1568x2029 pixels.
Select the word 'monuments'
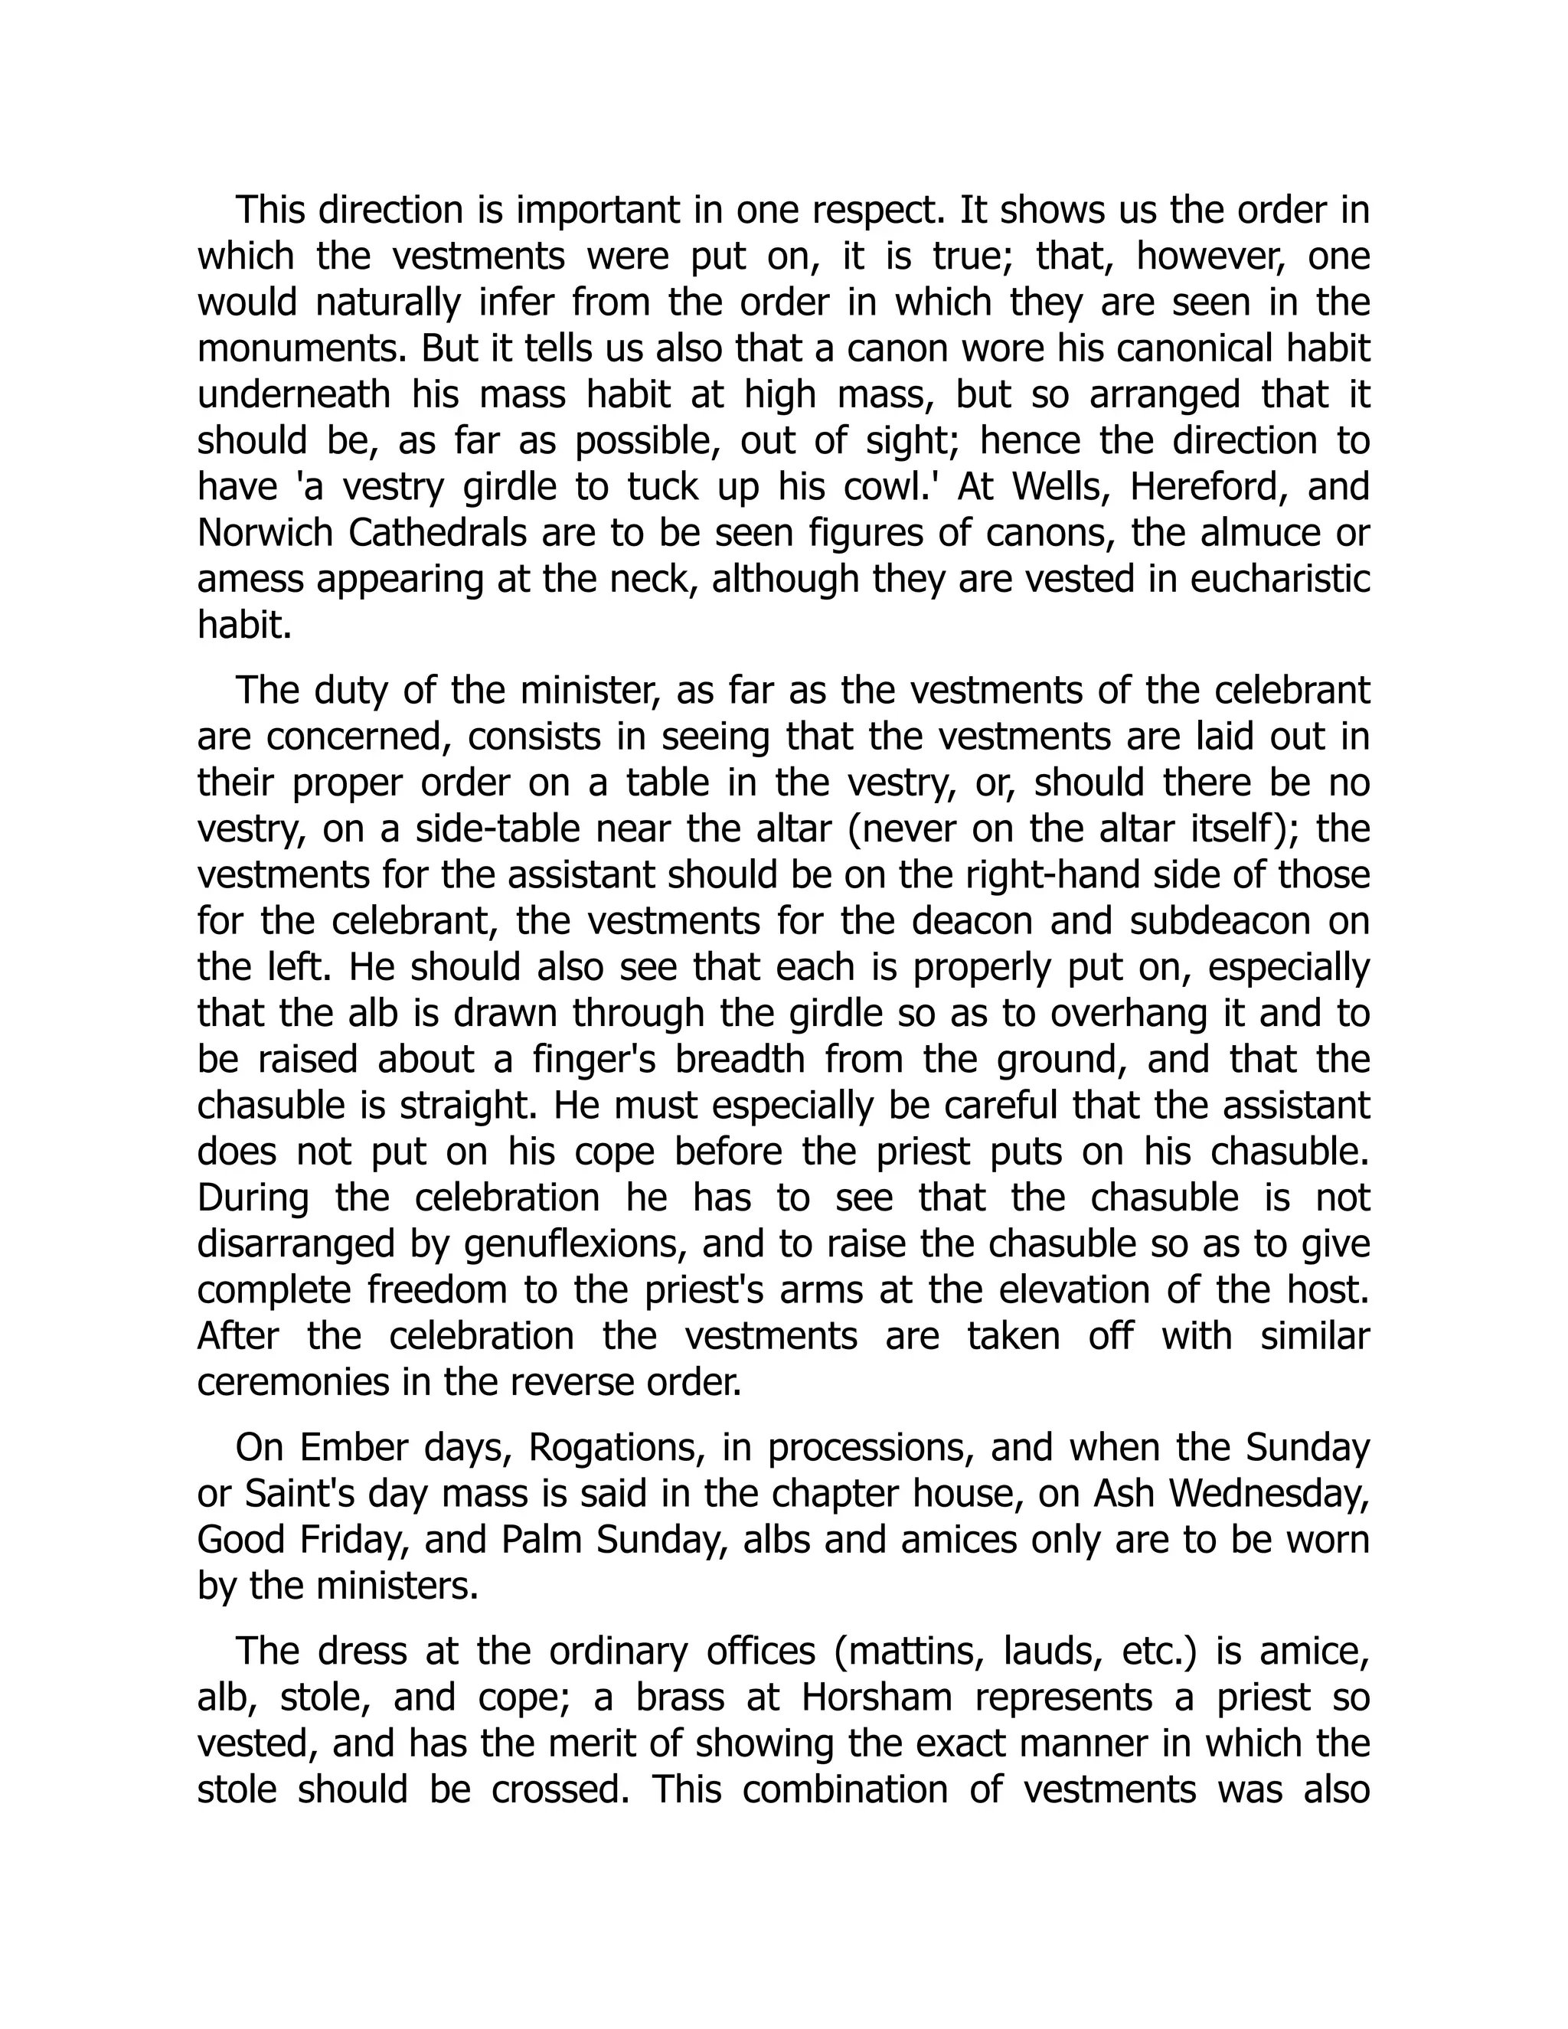point(301,349)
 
